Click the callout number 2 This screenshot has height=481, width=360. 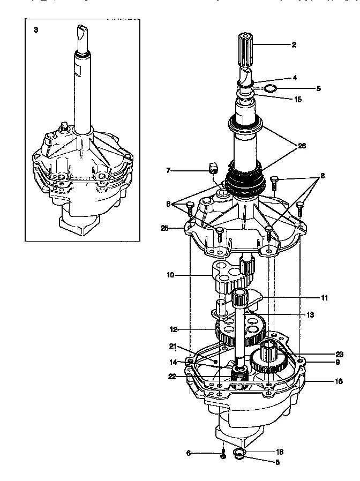click(x=294, y=45)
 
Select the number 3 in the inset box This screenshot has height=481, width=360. click(x=36, y=30)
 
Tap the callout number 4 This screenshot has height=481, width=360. click(x=294, y=78)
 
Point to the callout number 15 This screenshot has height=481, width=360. click(x=298, y=99)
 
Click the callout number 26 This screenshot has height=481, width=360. click(x=302, y=146)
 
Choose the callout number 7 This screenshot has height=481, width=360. click(x=168, y=170)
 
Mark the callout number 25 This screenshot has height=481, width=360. click(x=164, y=228)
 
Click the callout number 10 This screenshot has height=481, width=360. click(x=170, y=276)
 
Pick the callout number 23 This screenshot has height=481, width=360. click(x=339, y=354)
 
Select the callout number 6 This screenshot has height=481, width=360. click(x=188, y=453)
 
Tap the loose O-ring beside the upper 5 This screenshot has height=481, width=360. click(x=271, y=88)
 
